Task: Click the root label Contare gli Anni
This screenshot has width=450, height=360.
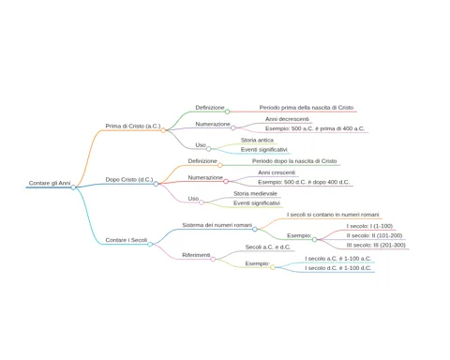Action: tap(50, 183)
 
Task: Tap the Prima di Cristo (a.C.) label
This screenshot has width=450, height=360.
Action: tap(133, 127)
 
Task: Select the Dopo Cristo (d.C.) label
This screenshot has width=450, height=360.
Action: tap(129, 180)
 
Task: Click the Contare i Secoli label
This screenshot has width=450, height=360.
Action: tap(127, 240)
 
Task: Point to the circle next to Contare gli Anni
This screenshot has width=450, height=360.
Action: tap(73, 187)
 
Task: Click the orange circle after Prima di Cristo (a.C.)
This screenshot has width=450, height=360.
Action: tap(163, 130)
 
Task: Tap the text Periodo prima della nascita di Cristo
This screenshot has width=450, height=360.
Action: tap(307, 108)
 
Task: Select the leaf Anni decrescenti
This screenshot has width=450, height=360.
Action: tap(287, 119)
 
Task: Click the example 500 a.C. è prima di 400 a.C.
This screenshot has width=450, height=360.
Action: tap(315, 128)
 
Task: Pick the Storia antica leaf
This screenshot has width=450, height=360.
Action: tap(257, 141)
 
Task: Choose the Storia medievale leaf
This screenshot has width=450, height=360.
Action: tap(255, 194)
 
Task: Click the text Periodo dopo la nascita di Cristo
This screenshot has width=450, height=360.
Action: tap(294, 161)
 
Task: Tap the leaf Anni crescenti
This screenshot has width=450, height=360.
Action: tap(277, 172)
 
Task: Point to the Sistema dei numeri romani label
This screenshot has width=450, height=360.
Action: tap(217, 225)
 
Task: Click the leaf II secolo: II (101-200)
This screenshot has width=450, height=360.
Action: tap(374, 235)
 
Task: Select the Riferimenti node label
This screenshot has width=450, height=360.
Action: tap(196, 255)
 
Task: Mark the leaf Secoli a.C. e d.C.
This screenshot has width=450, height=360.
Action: tap(268, 247)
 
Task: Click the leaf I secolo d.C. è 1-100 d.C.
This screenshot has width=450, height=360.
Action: tap(338, 268)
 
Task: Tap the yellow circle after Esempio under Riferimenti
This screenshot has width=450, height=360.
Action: tap(273, 267)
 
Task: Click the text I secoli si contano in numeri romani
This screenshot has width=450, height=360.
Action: tap(333, 215)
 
